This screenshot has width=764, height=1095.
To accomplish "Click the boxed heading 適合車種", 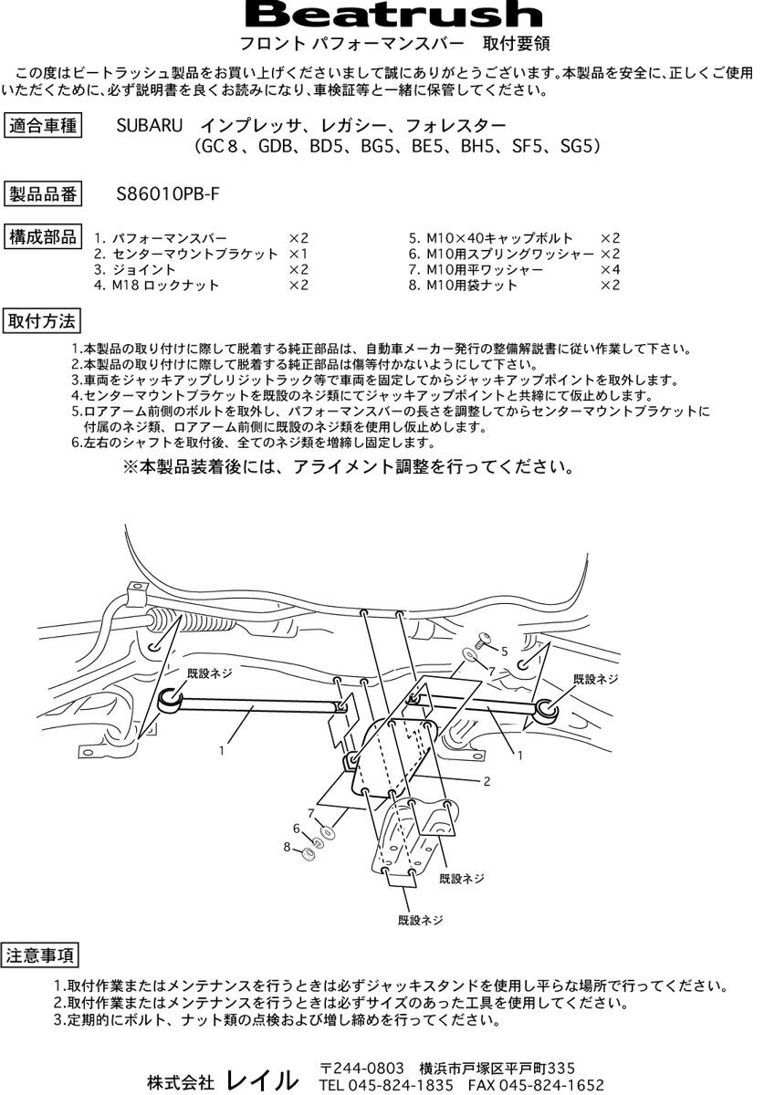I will [42, 125].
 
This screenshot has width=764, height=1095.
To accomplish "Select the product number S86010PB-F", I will [168, 193].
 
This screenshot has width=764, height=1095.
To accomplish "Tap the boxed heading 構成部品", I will [42, 236].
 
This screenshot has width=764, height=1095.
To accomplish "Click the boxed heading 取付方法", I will [42, 321].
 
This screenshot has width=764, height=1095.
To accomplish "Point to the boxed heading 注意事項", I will [42, 956].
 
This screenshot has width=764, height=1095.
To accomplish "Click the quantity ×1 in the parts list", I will [298, 254].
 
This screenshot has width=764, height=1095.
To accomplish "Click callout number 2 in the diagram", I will [487, 781].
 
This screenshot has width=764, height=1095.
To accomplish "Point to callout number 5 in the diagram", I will [503, 650].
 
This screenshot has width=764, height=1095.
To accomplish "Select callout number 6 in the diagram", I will [296, 828].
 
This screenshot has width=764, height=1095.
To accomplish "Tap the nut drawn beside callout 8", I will [308, 853].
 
